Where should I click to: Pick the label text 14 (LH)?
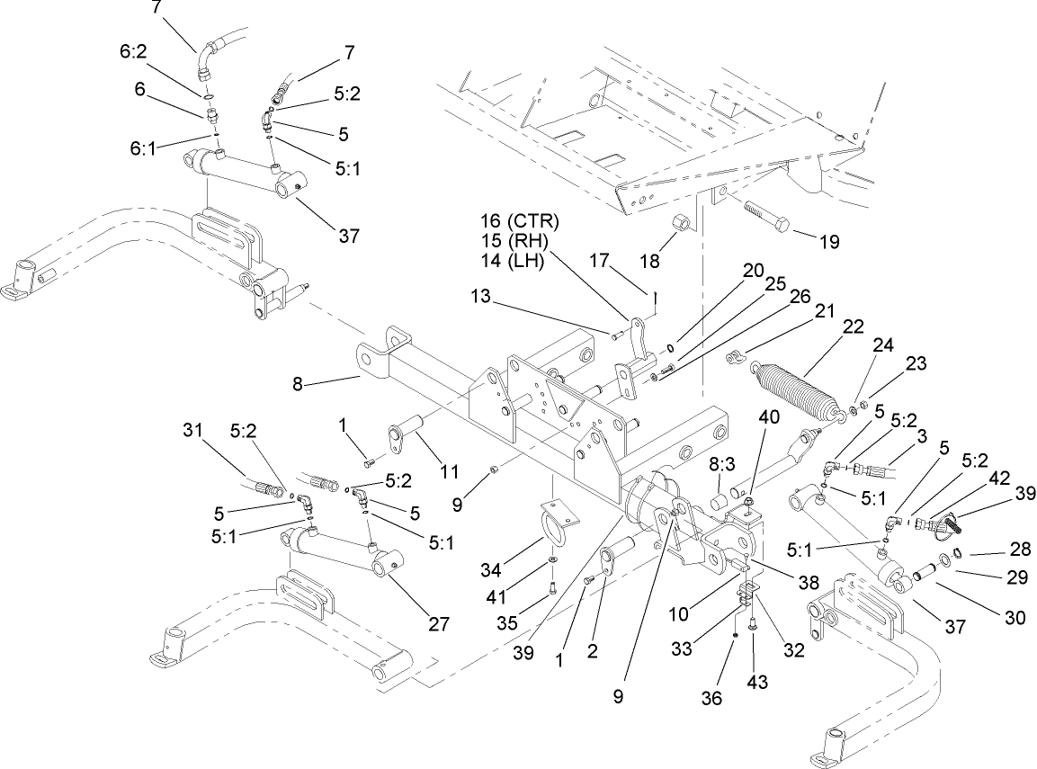click(x=517, y=263)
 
